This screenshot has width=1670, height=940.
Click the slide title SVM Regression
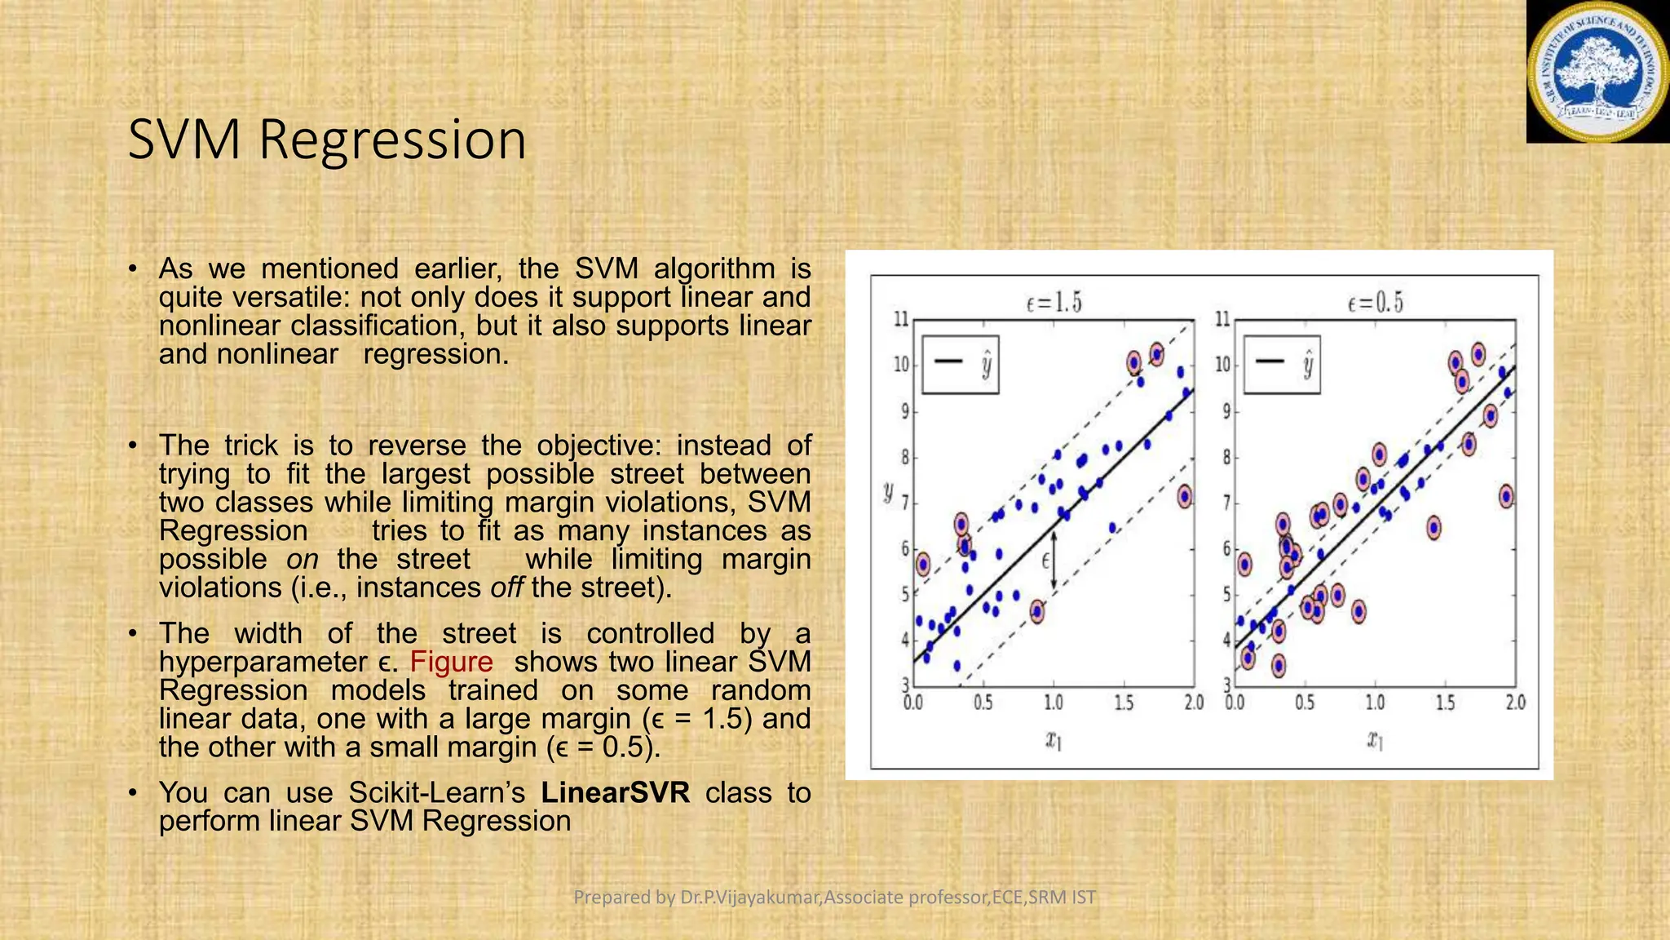(327, 140)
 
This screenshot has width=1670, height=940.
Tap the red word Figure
(451, 662)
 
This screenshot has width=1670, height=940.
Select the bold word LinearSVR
(615, 792)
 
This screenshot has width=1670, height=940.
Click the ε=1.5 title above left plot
(1054, 304)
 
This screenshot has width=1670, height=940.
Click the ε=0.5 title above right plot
(1375, 304)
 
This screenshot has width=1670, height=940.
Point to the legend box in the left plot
(961, 364)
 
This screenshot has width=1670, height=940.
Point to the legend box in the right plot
(1282, 364)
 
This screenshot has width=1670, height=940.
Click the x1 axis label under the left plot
(1054, 740)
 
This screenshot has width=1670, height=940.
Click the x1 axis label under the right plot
(1375, 740)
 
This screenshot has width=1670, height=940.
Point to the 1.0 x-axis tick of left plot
(1054, 703)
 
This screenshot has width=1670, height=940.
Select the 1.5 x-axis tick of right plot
(1445, 703)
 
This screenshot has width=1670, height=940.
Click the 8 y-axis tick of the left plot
(903, 458)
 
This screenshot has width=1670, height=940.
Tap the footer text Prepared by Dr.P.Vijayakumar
(834, 898)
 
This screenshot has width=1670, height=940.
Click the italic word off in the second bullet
(506, 587)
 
